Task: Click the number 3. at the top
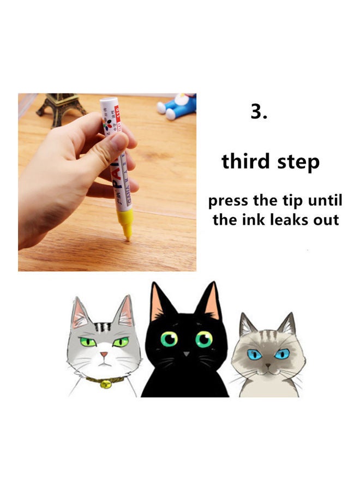tap(259, 111)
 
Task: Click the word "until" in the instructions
tap(325, 200)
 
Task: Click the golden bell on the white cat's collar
tap(106, 384)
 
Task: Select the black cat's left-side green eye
tap(169, 339)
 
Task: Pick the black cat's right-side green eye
tap(203, 339)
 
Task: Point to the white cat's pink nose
tap(103, 354)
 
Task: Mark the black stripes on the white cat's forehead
tap(101, 327)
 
